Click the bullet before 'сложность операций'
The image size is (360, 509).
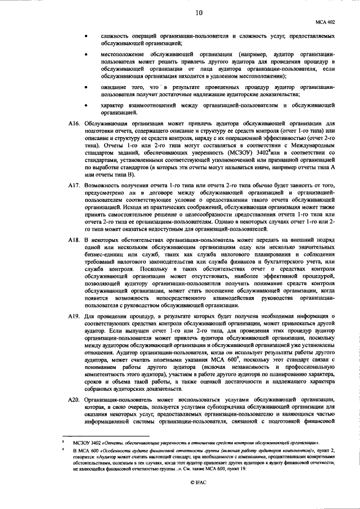click(x=86, y=35)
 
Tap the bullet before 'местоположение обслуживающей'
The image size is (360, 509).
click(x=86, y=55)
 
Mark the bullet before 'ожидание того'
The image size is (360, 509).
click(x=86, y=88)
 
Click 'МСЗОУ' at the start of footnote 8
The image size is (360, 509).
click(x=80, y=444)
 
